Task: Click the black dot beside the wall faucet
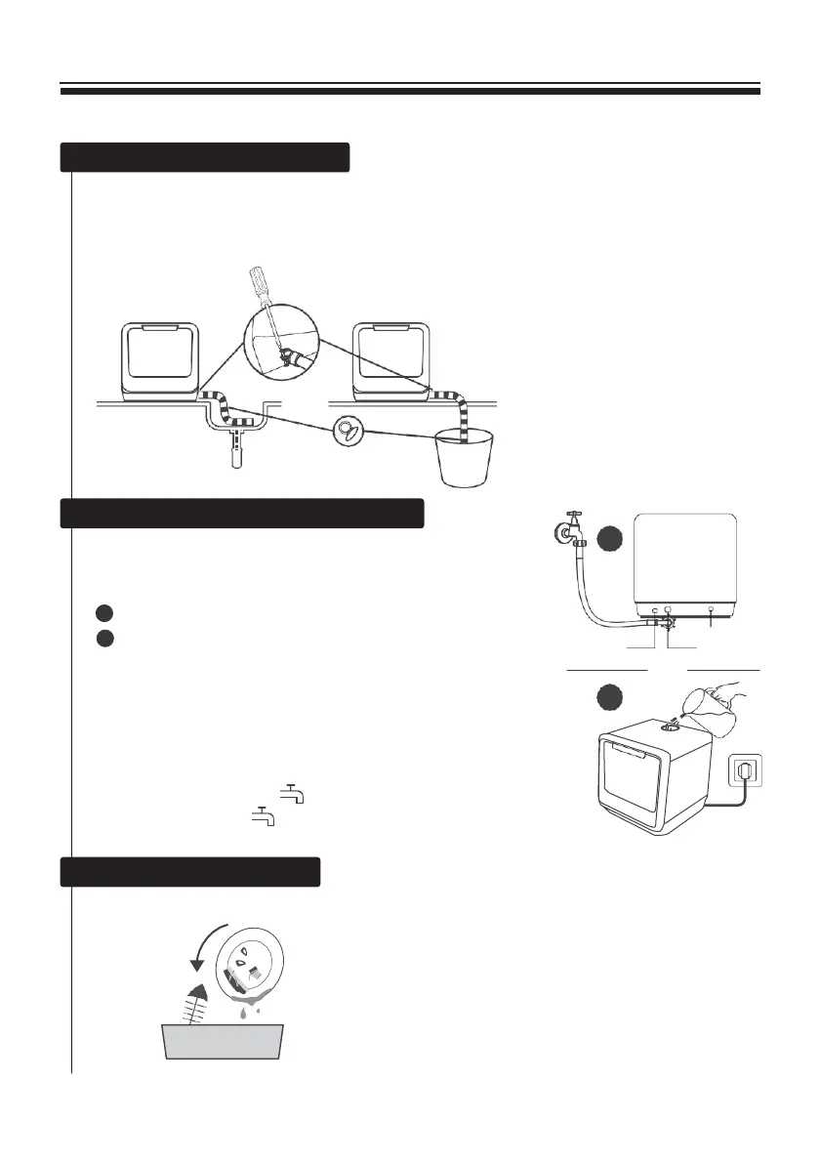tap(610, 538)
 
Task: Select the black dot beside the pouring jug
tap(612, 696)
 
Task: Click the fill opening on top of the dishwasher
tap(673, 726)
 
